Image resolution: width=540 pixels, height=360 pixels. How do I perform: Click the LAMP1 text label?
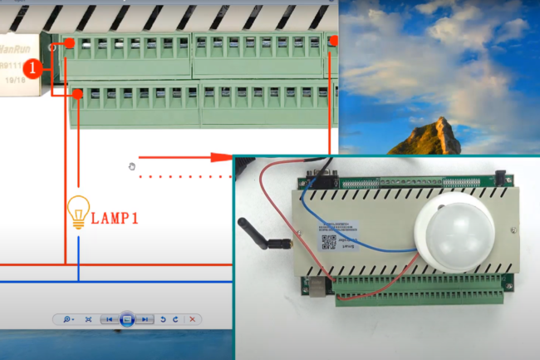[x=115, y=219]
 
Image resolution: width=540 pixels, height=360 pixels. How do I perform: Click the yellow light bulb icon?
[x=78, y=212]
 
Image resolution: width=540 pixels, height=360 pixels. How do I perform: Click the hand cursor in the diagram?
[x=131, y=166]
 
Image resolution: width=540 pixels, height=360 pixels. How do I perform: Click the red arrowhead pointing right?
[x=221, y=155]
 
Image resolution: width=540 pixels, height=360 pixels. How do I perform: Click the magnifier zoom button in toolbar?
[x=66, y=319]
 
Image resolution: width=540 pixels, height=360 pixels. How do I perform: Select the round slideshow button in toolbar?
[x=127, y=319]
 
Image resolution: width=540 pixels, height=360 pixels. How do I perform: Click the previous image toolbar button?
[x=109, y=319]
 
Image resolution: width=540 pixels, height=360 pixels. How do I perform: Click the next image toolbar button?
[x=145, y=319]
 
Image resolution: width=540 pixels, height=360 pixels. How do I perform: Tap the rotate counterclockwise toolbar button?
[x=163, y=319]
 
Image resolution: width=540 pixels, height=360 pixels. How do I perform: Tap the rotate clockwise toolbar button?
[x=176, y=319]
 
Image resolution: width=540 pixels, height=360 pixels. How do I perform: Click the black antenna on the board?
[x=258, y=235]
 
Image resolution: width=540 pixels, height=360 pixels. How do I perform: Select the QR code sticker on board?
[x=327, y=240]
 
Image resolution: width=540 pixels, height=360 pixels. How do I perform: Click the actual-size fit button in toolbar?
[x=88, y=319]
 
